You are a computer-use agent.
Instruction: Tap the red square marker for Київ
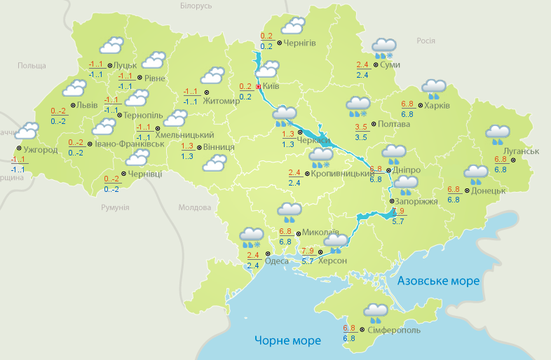click(x=259, y=87)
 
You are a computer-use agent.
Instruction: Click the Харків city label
click(x=437, y=106)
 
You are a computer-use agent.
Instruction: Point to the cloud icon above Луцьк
click(x=112, y=46)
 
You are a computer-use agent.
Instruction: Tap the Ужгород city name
click(x=41, y=150)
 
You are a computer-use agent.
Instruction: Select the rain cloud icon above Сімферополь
click(x=376, y=312)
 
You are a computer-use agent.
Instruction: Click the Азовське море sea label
click(x=438, y=281)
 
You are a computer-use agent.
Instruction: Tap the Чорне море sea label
click(x=287, y=340)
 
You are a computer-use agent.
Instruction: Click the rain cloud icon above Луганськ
click(x=498, y=135)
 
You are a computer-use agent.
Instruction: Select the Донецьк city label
click(x=489, y=190)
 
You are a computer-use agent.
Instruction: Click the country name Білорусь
click(x=196, y=6)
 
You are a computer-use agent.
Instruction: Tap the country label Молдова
click(x=194, y=208)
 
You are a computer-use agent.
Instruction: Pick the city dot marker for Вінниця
click(x=198, y=148)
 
